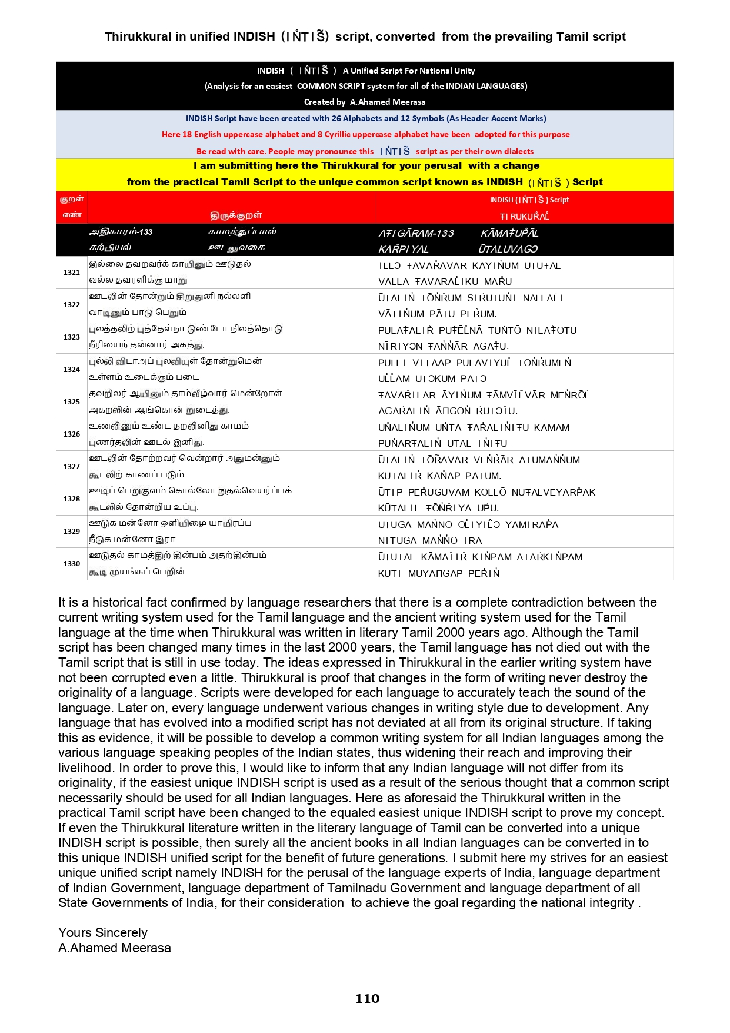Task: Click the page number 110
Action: pos(367,998)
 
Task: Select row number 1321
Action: pos(72,273)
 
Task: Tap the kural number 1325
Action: pos(72,402)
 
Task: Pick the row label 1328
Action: pos(72,499)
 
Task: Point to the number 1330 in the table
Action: pos(72,564)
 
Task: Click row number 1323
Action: pos(72,337)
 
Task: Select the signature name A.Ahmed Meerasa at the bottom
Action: pos(115,948)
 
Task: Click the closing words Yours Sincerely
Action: pos(103,932)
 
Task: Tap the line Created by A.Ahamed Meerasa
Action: pos(365,102)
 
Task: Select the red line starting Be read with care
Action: pos(365,151)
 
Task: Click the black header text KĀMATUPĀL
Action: pos(509,233)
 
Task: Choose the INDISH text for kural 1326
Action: pos(474,435)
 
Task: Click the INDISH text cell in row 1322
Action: pos(471,305)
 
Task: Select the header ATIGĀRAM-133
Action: pos(416,233)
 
